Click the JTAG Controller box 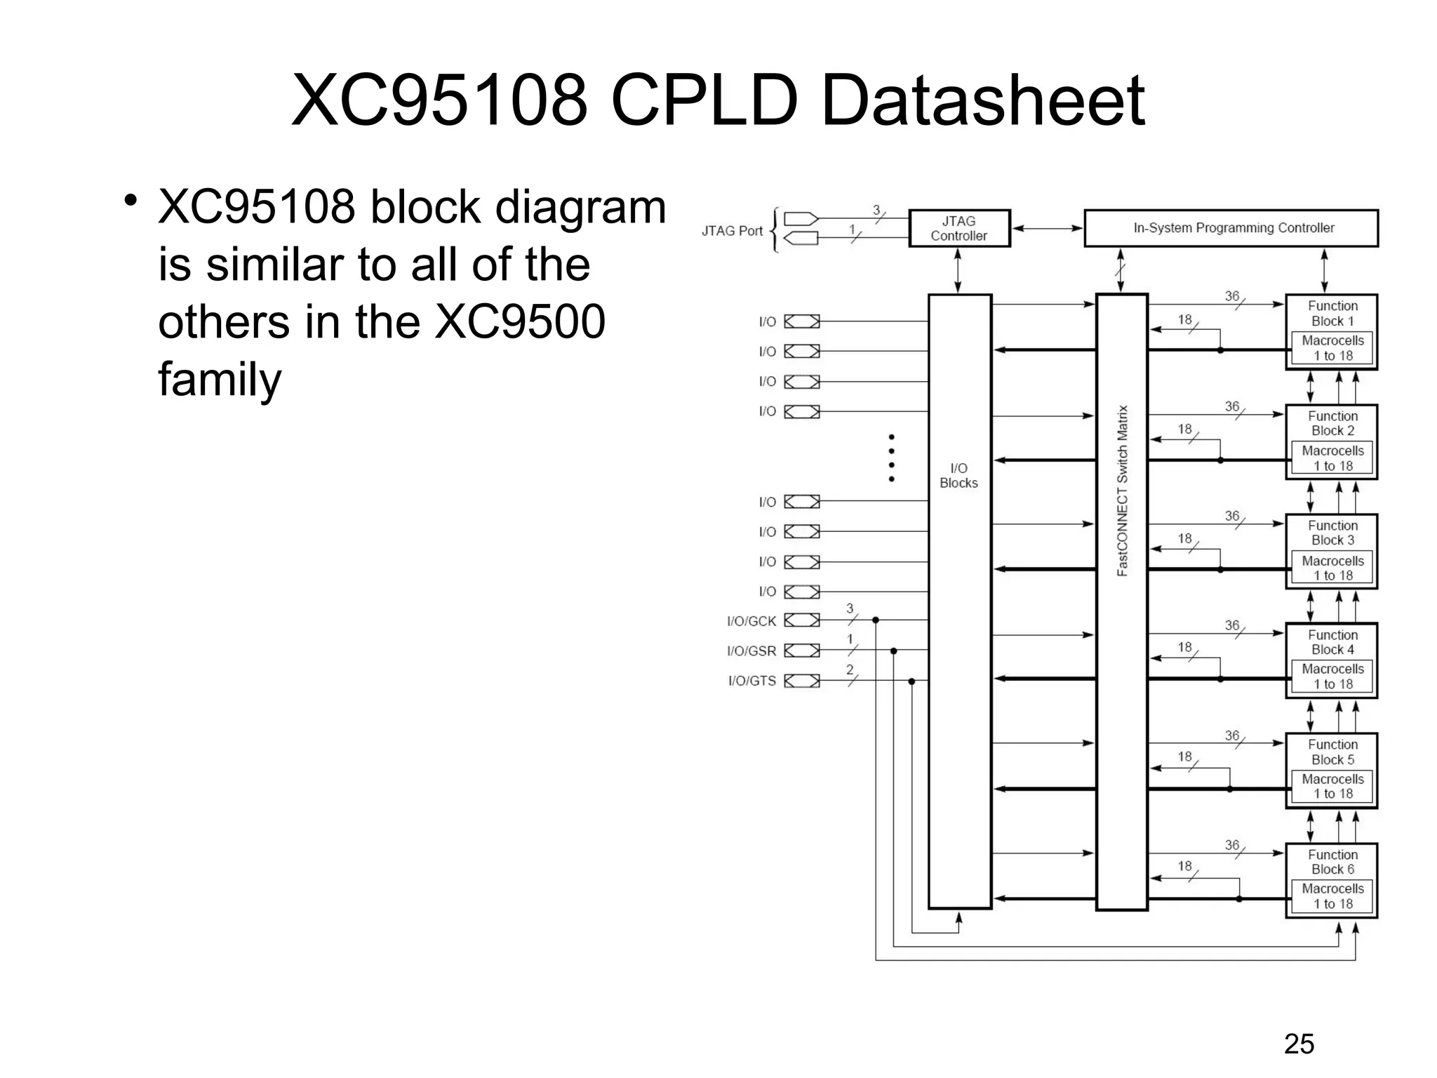pyautogui.click(x=958, y=228)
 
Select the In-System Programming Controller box pyautogui.click(x=1231, y=228)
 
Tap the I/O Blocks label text pyautogui.click(x=958, y=475)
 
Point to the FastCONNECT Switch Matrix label pyautogui.click(x=1122, y=491)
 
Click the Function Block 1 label pyautogui.click(x=1332, y=313)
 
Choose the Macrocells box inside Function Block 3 pyautogui.click(x=1332, y=568)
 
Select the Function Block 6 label pyautogui.click(x=1332, y=862)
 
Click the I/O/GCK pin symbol pyautogui.click(x=801, y=620)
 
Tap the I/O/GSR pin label pyautogui.click(x=751, y=651)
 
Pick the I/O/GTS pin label pyautogui.click(x=751, y=681)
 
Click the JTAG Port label pyautogui.click(x=732, y=231)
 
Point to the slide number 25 pyautogui.click(x=1299, y=1044)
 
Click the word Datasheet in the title pyautogui.click(x=982, y=102)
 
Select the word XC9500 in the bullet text pyautogui.click(x=520, y=322)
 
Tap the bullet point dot pyautogui.click(x=130, y=201)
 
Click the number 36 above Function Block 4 pyautogui.click(x=1232, y=625)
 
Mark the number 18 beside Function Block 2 pyautogui.click(x=1184, y=429)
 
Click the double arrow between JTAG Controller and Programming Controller pyautogui.click(x=1047, y=228)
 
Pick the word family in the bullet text pyautogui.click(x=220, y=380)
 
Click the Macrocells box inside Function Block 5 pyautogui.click(x=1332, y=786)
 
